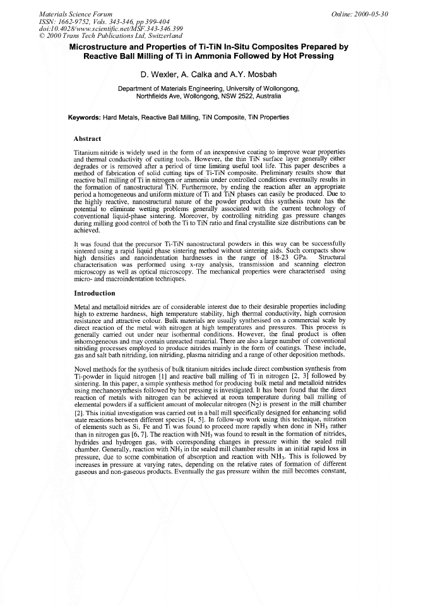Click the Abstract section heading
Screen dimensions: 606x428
(92, 138)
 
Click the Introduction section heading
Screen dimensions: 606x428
(95, 293)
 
